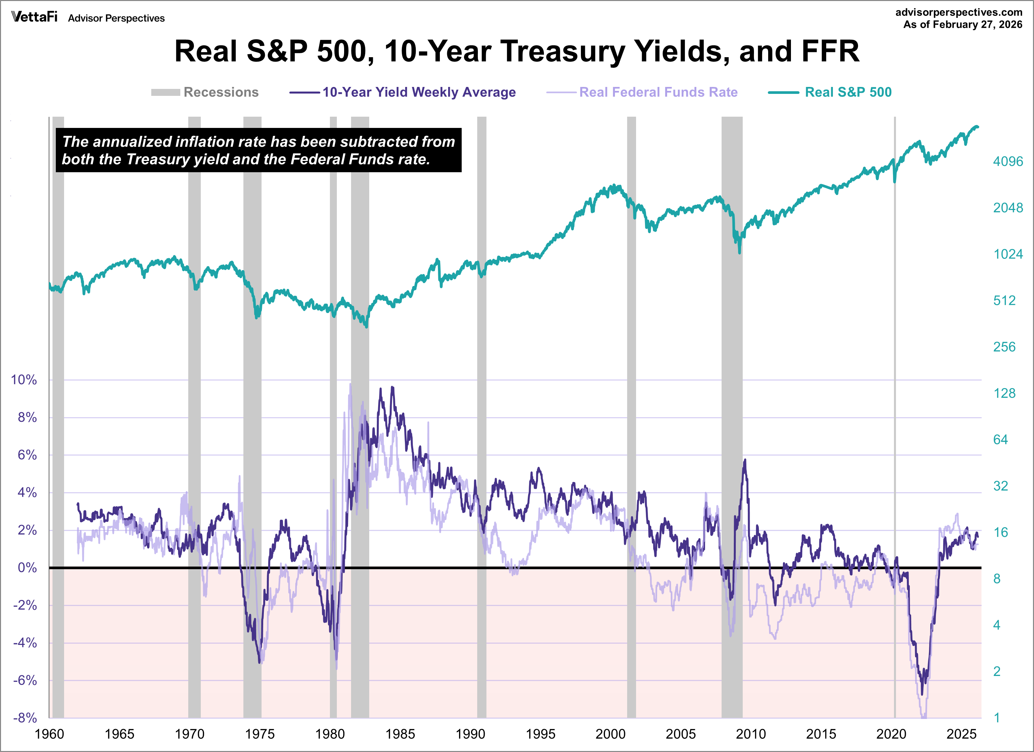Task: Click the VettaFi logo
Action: (x=34, y=17)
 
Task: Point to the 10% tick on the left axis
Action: (x=24, y=380)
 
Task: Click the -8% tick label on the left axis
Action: (x=25, y=718)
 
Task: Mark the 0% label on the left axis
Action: (x=27, y=568)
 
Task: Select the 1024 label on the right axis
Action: (x=1008, y=254)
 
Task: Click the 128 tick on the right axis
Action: (x=1004, y=393)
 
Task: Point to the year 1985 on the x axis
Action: (x=400, y=734)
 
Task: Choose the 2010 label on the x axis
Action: (x=751, y=734)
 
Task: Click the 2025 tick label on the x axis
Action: (x=961, y=734)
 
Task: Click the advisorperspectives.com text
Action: (x=959, y=12)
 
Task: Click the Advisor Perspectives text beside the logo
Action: (x=116, y=18)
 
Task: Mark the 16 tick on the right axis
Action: (x=1001, y=533)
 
